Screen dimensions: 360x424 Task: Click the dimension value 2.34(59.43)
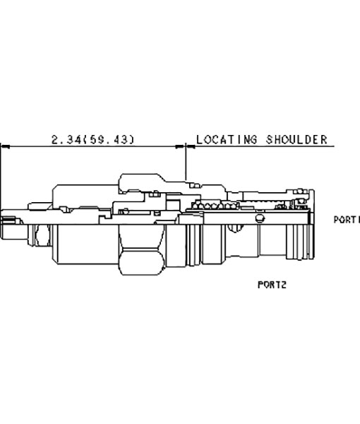pyautogui.click(x=92, y=139)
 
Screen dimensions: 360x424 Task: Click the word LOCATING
pyautogui.click(x=227, y=139)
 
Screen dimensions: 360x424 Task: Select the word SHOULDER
pyautogui.click(x=296, y=139)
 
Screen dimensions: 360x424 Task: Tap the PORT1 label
pyautogui.click(x=347, y=220)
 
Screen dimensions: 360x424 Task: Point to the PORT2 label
pyautogui.click(x=272, y=285)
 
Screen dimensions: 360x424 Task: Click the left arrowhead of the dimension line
pyautogui.click(x=6, y=146)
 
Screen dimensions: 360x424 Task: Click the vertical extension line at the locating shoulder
pyautogui.click(x=186, y=162)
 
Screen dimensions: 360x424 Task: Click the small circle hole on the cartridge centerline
pyautogui.click(x=260, y=218)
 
